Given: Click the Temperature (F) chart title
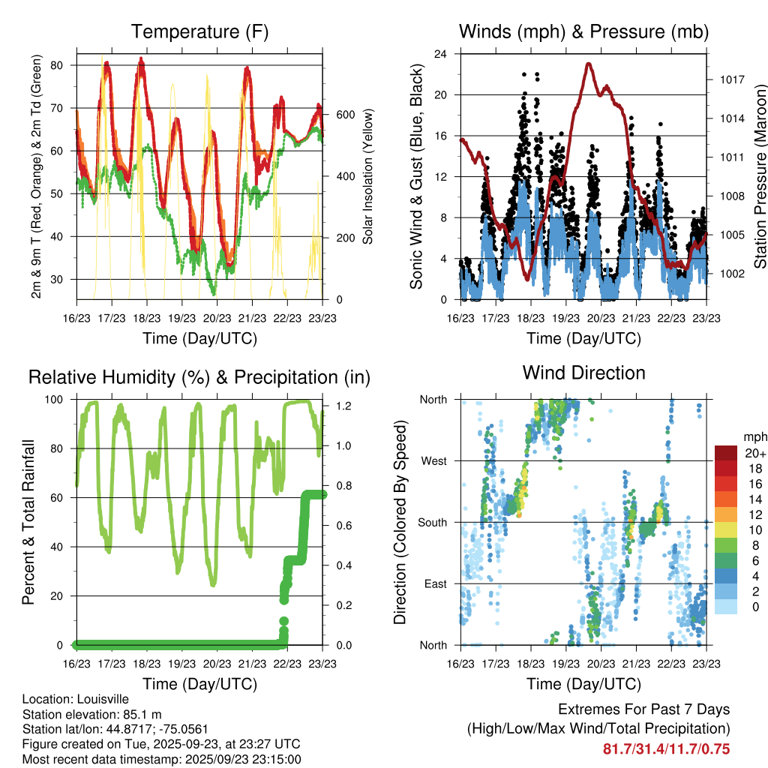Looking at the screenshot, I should point(199,31).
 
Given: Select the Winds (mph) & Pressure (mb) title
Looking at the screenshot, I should point(584,31).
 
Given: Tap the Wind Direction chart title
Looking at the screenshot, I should point(583,372).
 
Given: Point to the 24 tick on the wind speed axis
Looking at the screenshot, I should point(442,54).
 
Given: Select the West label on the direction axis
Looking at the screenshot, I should point(433,460).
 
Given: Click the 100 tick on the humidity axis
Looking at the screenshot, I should point(56,399).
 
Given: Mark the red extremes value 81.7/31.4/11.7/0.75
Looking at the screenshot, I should point(666,748).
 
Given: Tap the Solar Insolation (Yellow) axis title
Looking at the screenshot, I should point(368,177).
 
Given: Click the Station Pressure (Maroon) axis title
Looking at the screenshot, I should point(760,177).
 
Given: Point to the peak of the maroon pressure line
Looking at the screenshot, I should point(589,64).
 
